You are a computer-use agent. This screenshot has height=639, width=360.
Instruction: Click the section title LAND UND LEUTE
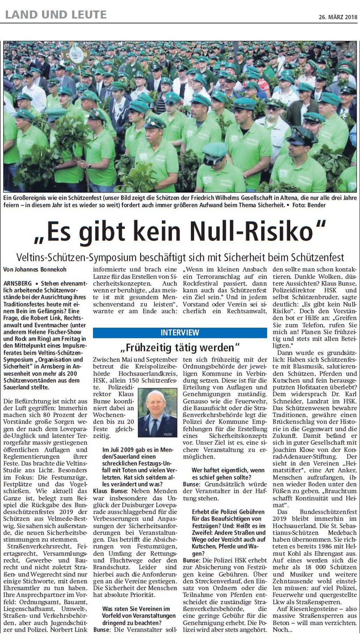point(56,14)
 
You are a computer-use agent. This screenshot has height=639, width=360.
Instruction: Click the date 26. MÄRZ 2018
point(338,17)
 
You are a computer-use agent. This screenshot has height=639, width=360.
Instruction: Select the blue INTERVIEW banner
point(180,332)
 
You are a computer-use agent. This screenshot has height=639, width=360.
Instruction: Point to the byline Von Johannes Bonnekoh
point(35,269)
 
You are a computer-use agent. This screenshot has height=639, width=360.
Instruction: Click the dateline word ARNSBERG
point(17,283)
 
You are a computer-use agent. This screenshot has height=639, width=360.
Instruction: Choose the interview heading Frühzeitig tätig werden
point(180,347)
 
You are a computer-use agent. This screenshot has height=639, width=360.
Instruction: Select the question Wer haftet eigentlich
point(223,474)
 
